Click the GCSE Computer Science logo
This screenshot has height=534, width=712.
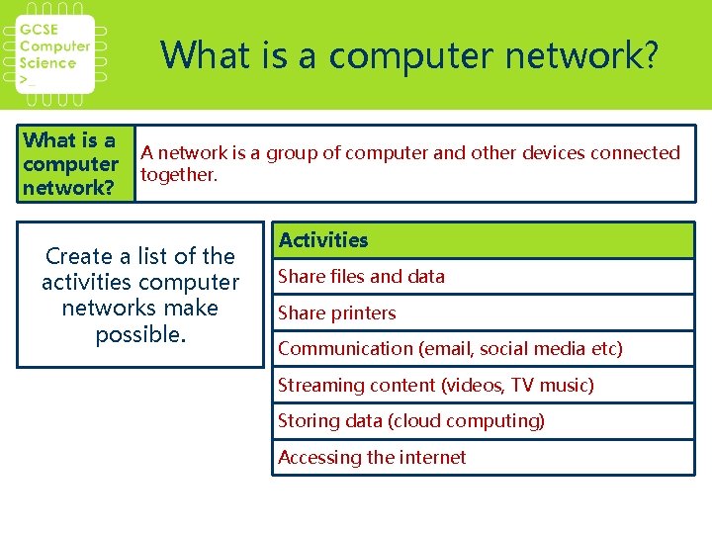pos(56,54)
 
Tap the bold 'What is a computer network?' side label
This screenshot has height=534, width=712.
pos(70,164)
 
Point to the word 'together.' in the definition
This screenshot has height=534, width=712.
pos(178,175)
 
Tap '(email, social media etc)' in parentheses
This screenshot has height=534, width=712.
pos(521,349)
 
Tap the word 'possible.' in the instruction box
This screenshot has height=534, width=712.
pos(140,335)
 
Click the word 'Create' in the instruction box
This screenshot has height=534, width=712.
pos(78,257)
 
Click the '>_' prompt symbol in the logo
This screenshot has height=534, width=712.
pos(29,79)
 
